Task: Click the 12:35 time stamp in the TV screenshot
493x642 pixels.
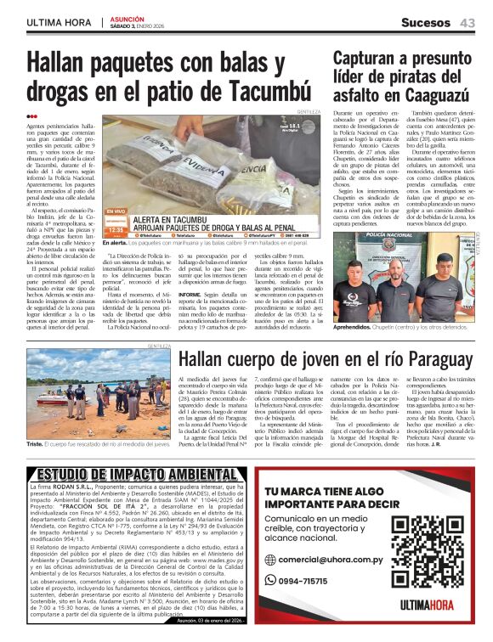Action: pyautogui.click(x=116, y=229)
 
